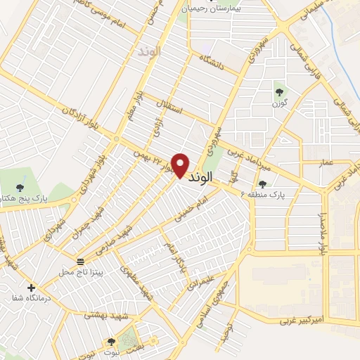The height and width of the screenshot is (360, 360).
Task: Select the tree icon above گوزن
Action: point(279,91)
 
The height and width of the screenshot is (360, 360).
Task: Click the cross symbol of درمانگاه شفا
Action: point(31,288)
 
